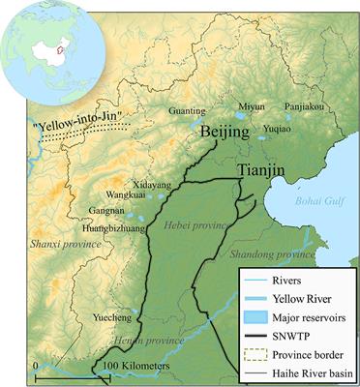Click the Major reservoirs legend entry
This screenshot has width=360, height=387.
(301, 318)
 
